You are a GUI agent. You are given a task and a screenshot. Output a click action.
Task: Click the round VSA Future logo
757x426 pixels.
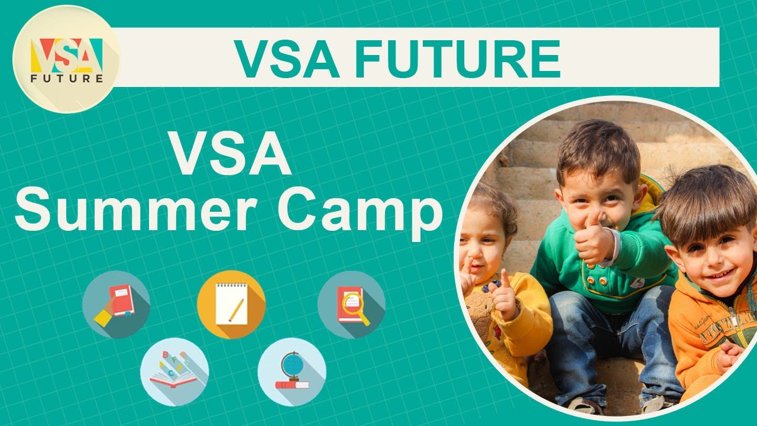[x=66, y=59]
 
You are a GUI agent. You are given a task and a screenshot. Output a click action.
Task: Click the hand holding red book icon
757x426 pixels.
[x=116, y=304]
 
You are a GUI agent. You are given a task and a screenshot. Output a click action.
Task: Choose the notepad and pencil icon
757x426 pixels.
[x=231, y=304]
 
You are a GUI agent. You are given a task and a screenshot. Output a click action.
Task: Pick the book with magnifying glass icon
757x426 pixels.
[x=351, y=304]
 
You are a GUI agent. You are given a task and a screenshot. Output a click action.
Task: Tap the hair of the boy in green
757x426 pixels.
[x=597, y=148]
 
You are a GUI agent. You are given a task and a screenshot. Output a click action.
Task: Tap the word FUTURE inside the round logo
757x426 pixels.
[x=66, y=78]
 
